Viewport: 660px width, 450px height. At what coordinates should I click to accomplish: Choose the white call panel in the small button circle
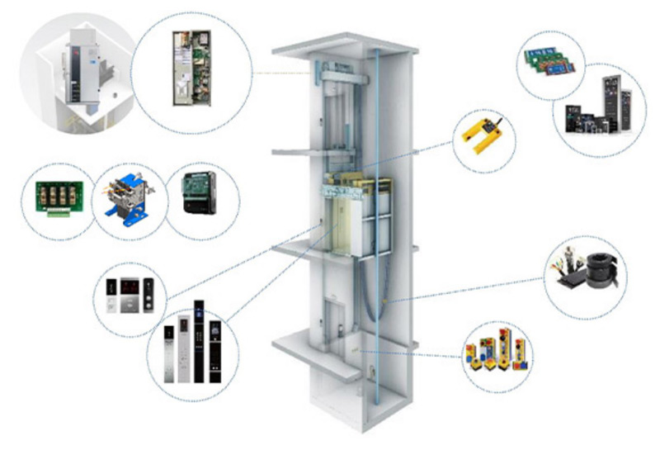point(111,298)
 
